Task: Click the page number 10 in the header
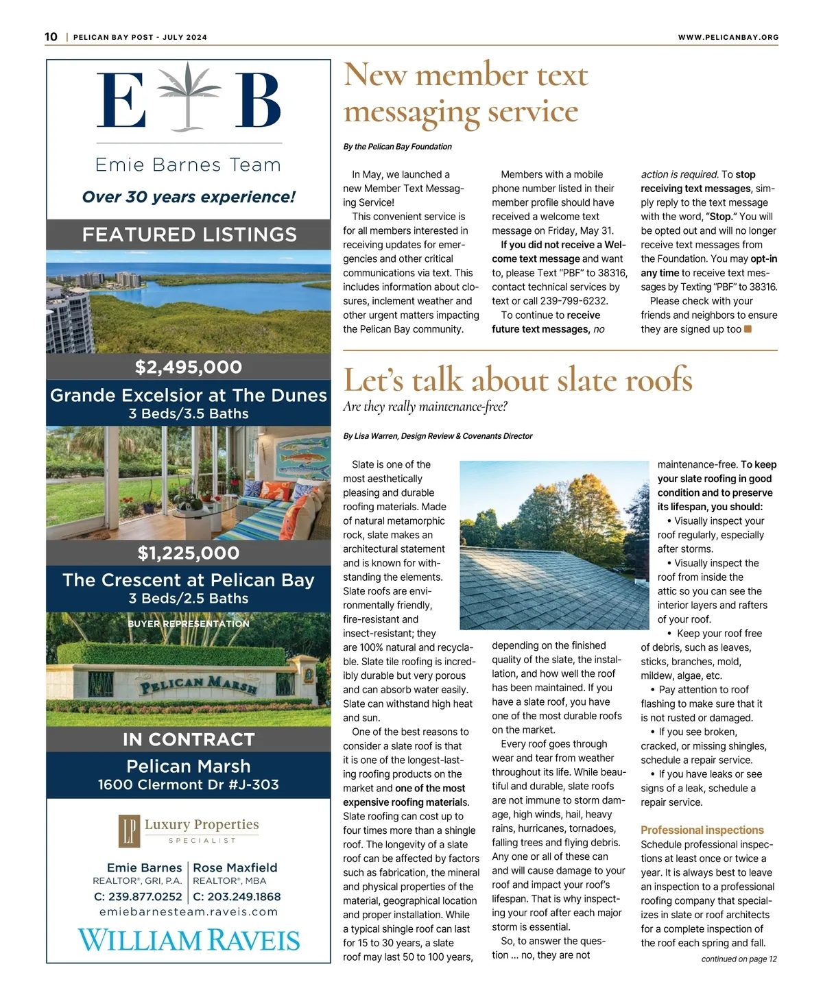pyautogui.click(x=51, y=37)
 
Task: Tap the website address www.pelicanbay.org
pyautogui.click(x=728, y=37)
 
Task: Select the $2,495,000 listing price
pyautogui.click(x=189, y=367)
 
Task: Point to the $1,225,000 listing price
pyautogui.click(x=189, y=553)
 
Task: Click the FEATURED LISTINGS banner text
pyautogui.click(x=189, y=235)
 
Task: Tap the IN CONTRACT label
pyautogui.click(x=189, y=739)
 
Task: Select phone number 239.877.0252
pyautogui.click(x=138, y=896)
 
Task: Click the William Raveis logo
pyautogui.click(x=189, y=939)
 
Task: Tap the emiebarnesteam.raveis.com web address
pyautogui.click(x=189, y=912)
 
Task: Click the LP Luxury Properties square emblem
pyautogui.click(x=129, y=830)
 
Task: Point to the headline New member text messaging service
pyautogui.click(x=466, y=93)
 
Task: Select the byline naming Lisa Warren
pyautogui.click(x=438, y=436)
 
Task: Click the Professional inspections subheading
pyautogui.click(x=702, y=830)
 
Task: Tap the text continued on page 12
pyautogui.click(x=739, y=959)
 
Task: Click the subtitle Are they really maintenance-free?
pyautogui.click(x=425, y=407)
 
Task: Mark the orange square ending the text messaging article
pyautogui.click(x=748, y=329)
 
